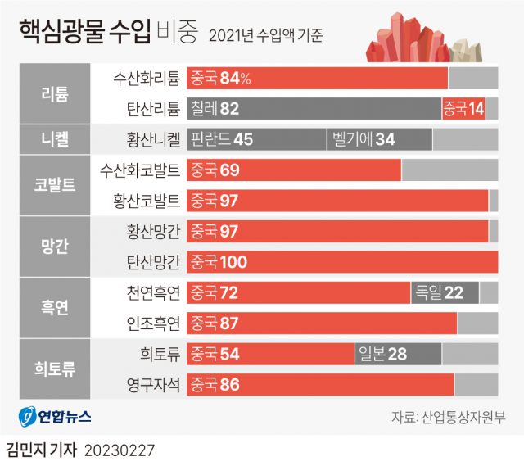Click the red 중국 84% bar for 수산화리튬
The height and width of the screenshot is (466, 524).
tap(317, 79)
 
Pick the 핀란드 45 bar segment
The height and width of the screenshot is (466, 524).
tap(255, 139)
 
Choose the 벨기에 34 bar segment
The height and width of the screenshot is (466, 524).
tap(378, 139)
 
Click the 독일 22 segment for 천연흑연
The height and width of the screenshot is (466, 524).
tap(445, 292)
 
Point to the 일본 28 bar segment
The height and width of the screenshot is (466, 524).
tap(398, 353)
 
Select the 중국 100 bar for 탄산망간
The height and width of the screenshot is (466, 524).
tap(342, 262)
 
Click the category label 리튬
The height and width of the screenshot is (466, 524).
tap(55, 93)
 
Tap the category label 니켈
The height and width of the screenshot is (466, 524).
tap(55, 139)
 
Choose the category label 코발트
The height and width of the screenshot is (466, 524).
tap(55, 185)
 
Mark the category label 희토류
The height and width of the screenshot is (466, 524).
tap(55, 369)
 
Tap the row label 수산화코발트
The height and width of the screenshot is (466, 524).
tap(138, 170)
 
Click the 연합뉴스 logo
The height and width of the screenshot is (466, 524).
tap(56, 417)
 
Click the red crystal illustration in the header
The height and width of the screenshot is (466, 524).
tap(409, 40)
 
